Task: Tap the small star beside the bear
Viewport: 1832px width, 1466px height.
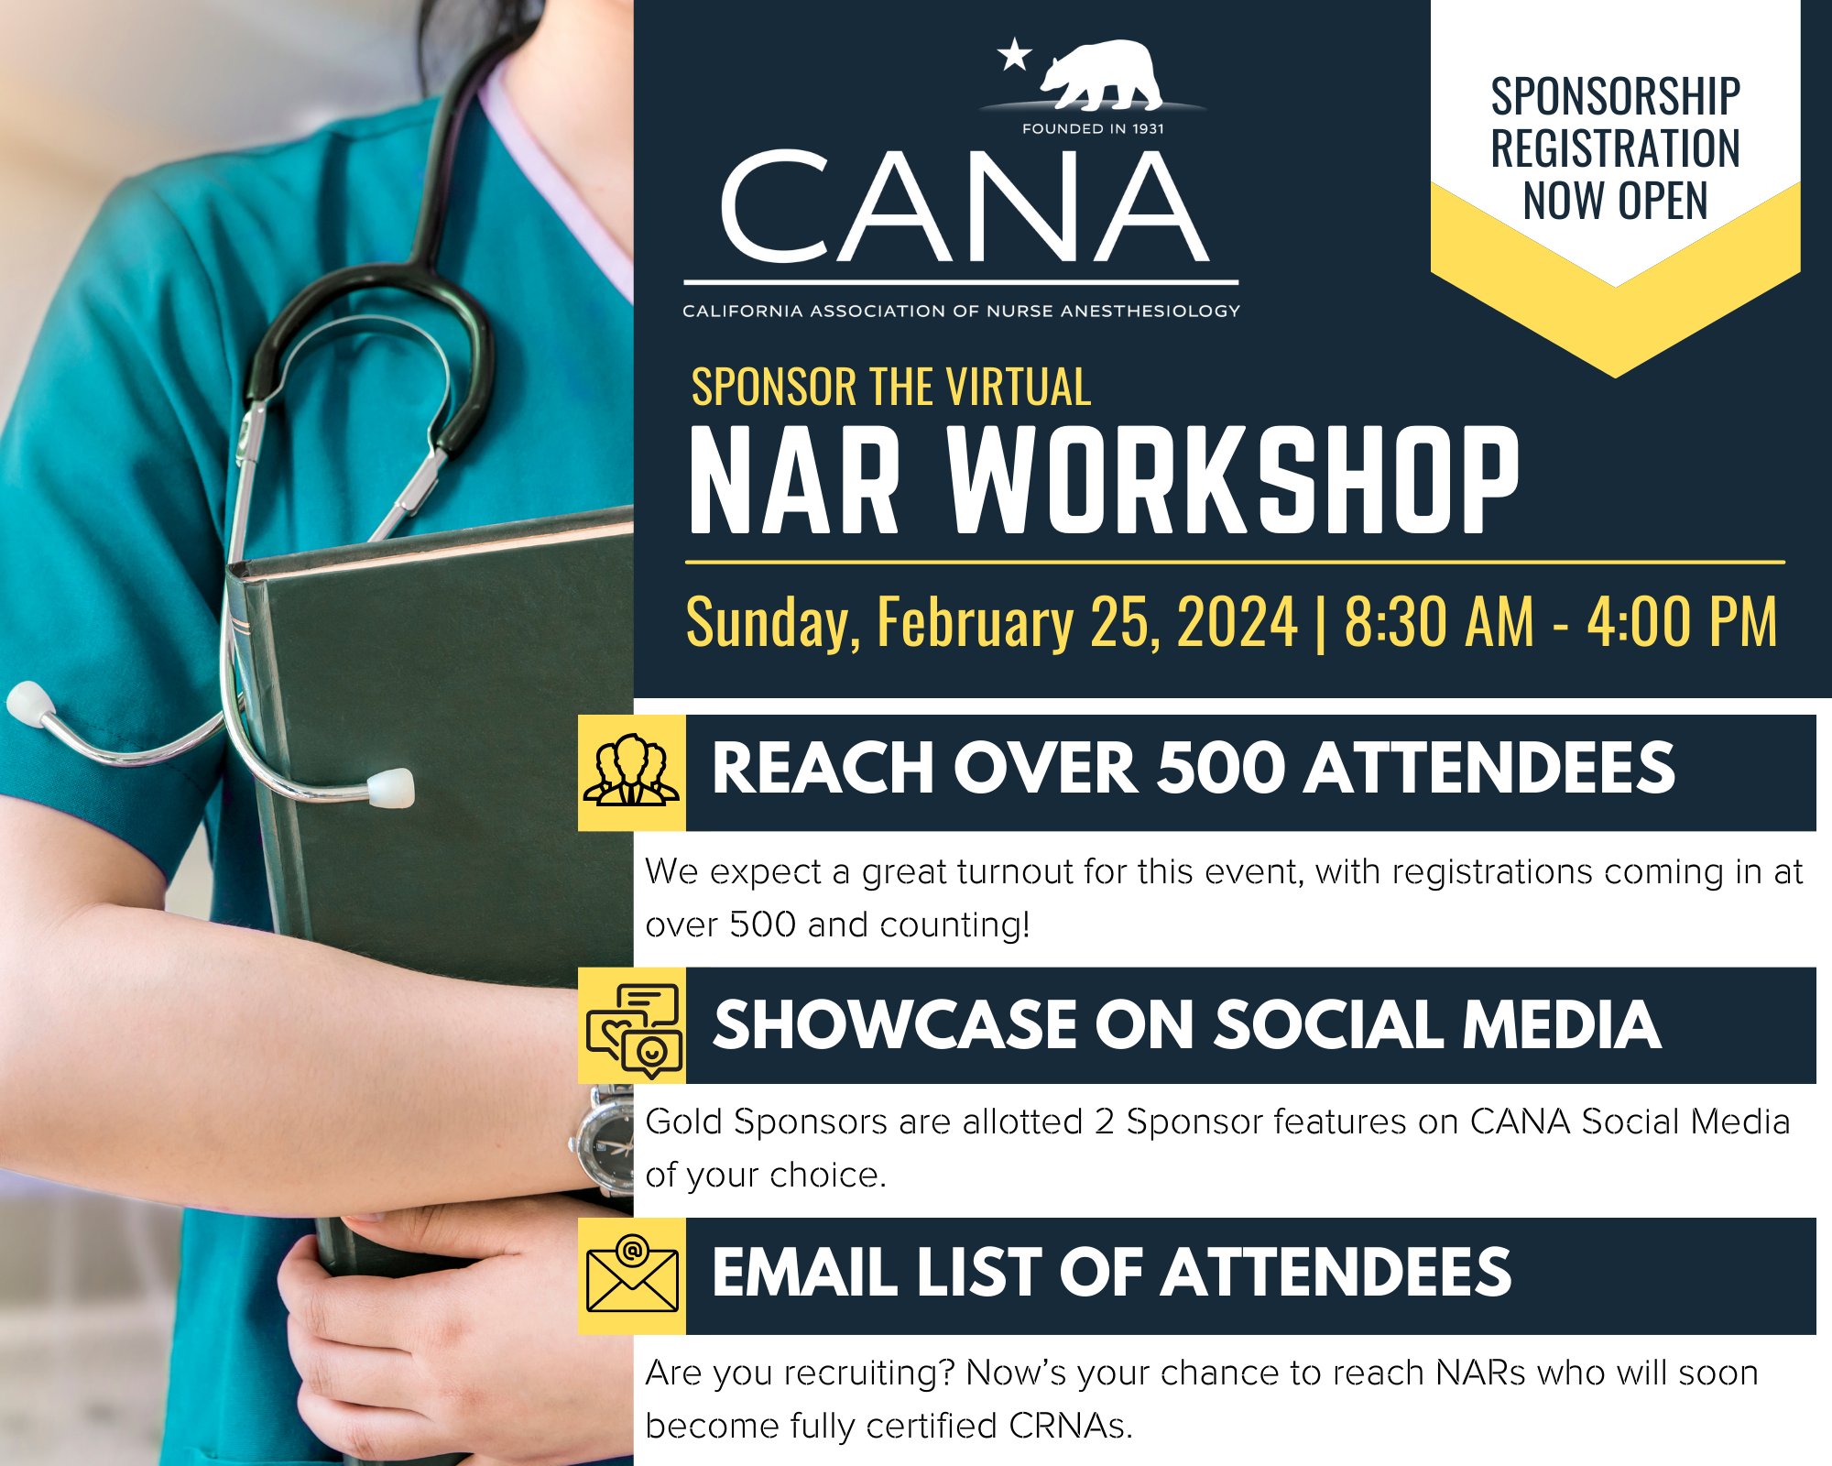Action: pyautogui.click(x=1015, y=54)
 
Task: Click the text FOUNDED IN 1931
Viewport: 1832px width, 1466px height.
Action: pyautogui.click(x=1093, y=129)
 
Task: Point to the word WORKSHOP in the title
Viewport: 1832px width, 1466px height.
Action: pyautogui.click(x=1233, y=479)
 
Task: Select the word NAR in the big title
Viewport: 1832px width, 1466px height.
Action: pyautogui.click(x=794, y=479)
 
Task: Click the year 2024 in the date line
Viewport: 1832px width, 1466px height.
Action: pyautogui.click(x=1238, y=621)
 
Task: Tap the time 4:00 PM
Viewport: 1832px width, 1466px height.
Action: pyautogui.click(x=1682, y=621)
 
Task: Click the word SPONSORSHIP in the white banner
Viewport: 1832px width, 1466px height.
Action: pyautogui.click(x=1616, y=96)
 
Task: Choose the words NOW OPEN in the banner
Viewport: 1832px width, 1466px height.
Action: pyautogui.click(x=1616, y=201)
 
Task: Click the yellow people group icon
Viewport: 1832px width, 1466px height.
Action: pyautogui.click(x=632, y=772)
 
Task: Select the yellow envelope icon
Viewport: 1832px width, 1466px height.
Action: pyautogui.click(x=632, y=1276)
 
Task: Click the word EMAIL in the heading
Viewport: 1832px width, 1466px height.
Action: pyautogui.click(x=805, y=1273)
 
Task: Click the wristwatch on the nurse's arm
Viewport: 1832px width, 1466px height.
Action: pyautogui.click(x=602, y=1143)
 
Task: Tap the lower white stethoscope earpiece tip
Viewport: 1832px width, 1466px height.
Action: pyautogui.click(x=390, y=788)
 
